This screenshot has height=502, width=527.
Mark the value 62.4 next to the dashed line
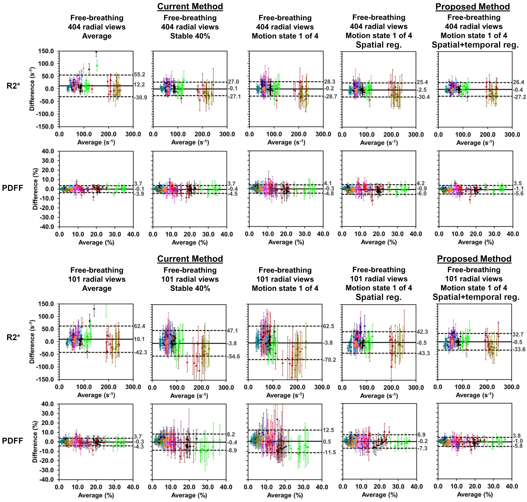[x=140, y=326]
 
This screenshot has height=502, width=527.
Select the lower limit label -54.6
[x=234, y=356]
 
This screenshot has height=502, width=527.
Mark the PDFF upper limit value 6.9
[x=421, y=434]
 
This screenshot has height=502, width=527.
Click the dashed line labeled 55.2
[x=113, y=75]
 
